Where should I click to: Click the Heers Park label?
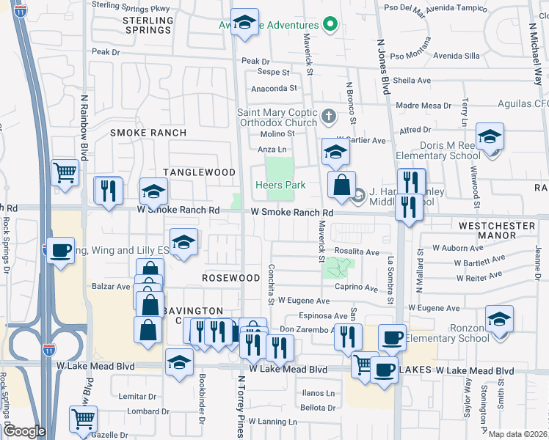pos(280,186)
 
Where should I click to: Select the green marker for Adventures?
pos(330,24)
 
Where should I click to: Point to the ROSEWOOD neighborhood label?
pos(231,278)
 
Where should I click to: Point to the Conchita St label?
pos(271,285)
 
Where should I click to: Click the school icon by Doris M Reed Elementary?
pos(490,136)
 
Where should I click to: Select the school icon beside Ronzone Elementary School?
pos(499,320)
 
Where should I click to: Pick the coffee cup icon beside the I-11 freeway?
pos(62,250)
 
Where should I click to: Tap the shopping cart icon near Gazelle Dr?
pos(83,419)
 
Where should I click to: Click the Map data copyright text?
pos(518,434)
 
